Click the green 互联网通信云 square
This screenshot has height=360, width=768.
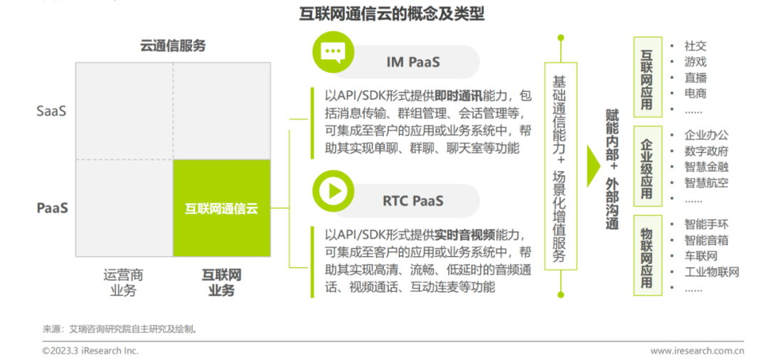click(221, 208)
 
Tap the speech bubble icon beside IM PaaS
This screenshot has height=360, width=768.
click(333, 53)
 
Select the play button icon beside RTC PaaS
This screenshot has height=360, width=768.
click(333, 191)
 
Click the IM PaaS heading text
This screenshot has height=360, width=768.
click(412, 62)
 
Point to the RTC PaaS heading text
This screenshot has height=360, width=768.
click(412, 201)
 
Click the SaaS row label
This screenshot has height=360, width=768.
click(52, 111)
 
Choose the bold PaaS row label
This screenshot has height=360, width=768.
click(52, 208)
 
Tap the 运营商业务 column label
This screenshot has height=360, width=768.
click(123, 282)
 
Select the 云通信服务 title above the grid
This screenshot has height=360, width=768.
click(172, 46)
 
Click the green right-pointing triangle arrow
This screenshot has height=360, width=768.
click(593, 166)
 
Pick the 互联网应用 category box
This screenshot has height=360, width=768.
click(646, 78)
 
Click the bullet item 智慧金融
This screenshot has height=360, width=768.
click(705, 167)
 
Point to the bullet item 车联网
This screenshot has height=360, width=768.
click(700, 256)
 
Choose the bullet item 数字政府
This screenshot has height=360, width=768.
click(705, 151)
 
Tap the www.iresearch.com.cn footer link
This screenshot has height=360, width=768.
click(697, 350)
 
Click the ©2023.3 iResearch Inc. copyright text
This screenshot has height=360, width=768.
click(90, 350)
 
